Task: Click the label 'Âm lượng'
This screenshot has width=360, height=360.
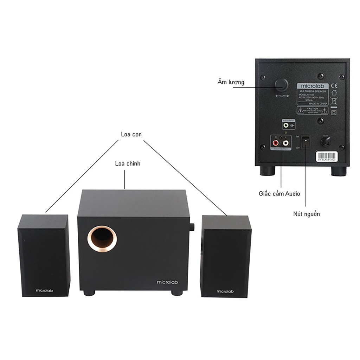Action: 231,82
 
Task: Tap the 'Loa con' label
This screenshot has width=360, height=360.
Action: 131,134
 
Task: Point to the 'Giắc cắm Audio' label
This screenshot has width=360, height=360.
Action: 279,193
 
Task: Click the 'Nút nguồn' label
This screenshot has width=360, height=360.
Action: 307,214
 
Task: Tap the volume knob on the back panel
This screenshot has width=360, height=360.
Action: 281,84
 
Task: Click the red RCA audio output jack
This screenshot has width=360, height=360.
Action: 276,143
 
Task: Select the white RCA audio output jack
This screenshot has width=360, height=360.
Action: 285,143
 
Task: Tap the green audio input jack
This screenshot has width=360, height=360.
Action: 286,125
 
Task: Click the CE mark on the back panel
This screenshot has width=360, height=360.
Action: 335,85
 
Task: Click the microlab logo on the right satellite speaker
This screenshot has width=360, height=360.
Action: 225,291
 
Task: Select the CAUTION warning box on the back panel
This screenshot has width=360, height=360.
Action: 313,111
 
